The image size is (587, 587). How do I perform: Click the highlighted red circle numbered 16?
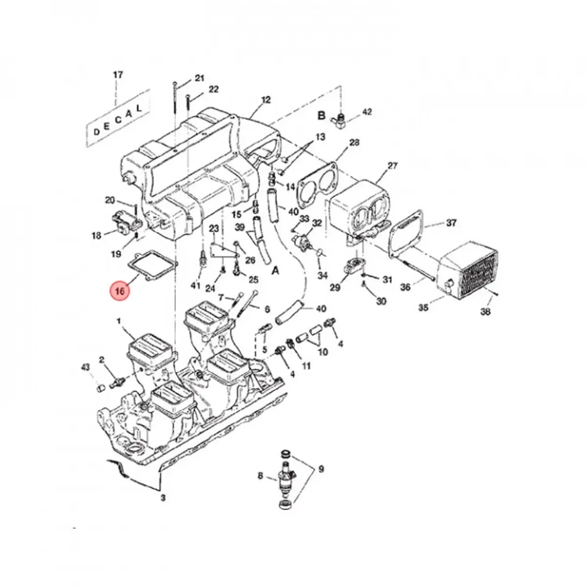(120, 291)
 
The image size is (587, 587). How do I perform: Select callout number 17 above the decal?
(118, 75)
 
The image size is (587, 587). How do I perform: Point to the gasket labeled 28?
(317, 181)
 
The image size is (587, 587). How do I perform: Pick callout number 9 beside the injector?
(321, 469)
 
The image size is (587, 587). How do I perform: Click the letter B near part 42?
(321, 115)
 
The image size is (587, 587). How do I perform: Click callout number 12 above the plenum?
(265, 100)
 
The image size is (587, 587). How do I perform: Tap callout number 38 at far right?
(485, 311)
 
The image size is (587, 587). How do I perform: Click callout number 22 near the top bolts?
(213, 90)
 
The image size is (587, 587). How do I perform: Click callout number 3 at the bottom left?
(163, 498)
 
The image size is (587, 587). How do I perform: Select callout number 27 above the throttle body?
(393, 166)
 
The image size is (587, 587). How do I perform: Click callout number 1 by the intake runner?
(118, 320)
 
